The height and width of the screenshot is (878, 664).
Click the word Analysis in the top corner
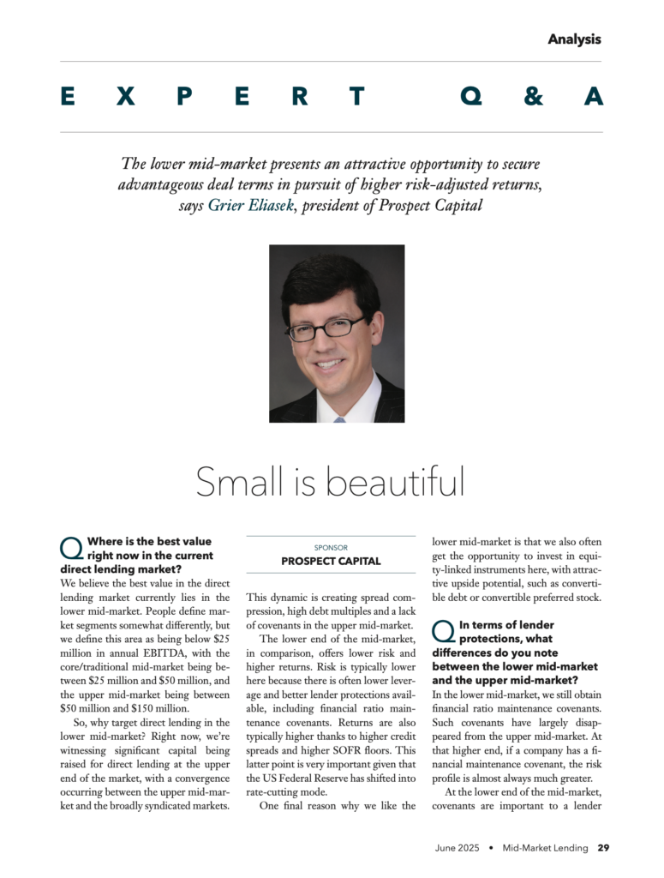click(574, 39)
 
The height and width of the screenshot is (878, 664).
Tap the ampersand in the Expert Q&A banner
click(533, 97)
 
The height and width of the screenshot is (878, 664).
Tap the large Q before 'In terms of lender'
click(443, 632)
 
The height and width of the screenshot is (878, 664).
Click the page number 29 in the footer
click(603, 848)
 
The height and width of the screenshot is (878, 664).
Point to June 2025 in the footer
click(457, 848)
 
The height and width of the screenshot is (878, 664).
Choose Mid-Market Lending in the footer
click(546, 848)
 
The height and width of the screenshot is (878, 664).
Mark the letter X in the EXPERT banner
click(125, 97)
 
